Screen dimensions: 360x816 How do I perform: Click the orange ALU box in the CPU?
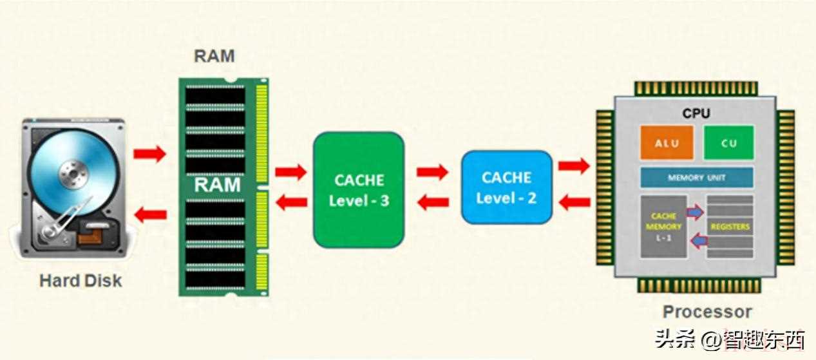667,142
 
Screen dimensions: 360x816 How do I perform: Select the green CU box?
728,142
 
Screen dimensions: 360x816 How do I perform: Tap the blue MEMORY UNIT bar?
696,177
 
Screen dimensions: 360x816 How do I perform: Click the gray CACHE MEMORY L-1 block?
663,227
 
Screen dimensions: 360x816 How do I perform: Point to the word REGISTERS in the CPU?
730,227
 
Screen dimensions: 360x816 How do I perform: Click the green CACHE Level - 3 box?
359,190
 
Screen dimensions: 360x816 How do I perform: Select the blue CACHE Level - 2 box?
506,187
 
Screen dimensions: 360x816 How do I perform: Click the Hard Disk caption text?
81,281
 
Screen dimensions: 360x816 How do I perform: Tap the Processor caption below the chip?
707,312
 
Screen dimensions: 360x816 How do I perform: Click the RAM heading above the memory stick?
214,56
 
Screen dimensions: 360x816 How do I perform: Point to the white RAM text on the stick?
217,185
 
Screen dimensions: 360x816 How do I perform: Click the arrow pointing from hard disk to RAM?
149,154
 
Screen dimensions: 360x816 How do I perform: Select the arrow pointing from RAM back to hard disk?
149,214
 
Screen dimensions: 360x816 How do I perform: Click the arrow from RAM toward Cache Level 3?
290,171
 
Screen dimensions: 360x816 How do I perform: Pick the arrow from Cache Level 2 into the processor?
574,166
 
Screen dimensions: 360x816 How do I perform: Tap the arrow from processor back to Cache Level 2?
574,203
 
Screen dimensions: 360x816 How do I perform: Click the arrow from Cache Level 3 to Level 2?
432,171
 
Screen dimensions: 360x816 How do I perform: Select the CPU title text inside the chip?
696,113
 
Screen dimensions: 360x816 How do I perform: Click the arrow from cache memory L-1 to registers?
695,213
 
